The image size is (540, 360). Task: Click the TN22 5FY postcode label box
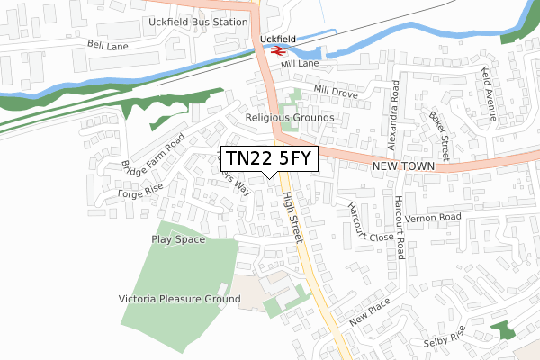(x=268, y=158)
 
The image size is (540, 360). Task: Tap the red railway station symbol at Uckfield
(x=275, y=51)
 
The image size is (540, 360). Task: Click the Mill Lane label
(x=300, y=65)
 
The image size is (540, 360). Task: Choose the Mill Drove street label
(x=336, y=92)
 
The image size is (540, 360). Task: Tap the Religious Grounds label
(x=289, y=118)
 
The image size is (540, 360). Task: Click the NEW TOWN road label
(x=403, y=167)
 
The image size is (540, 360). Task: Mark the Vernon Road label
(x=433, y=218)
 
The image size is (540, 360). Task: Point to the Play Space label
(x=178, y=239)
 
